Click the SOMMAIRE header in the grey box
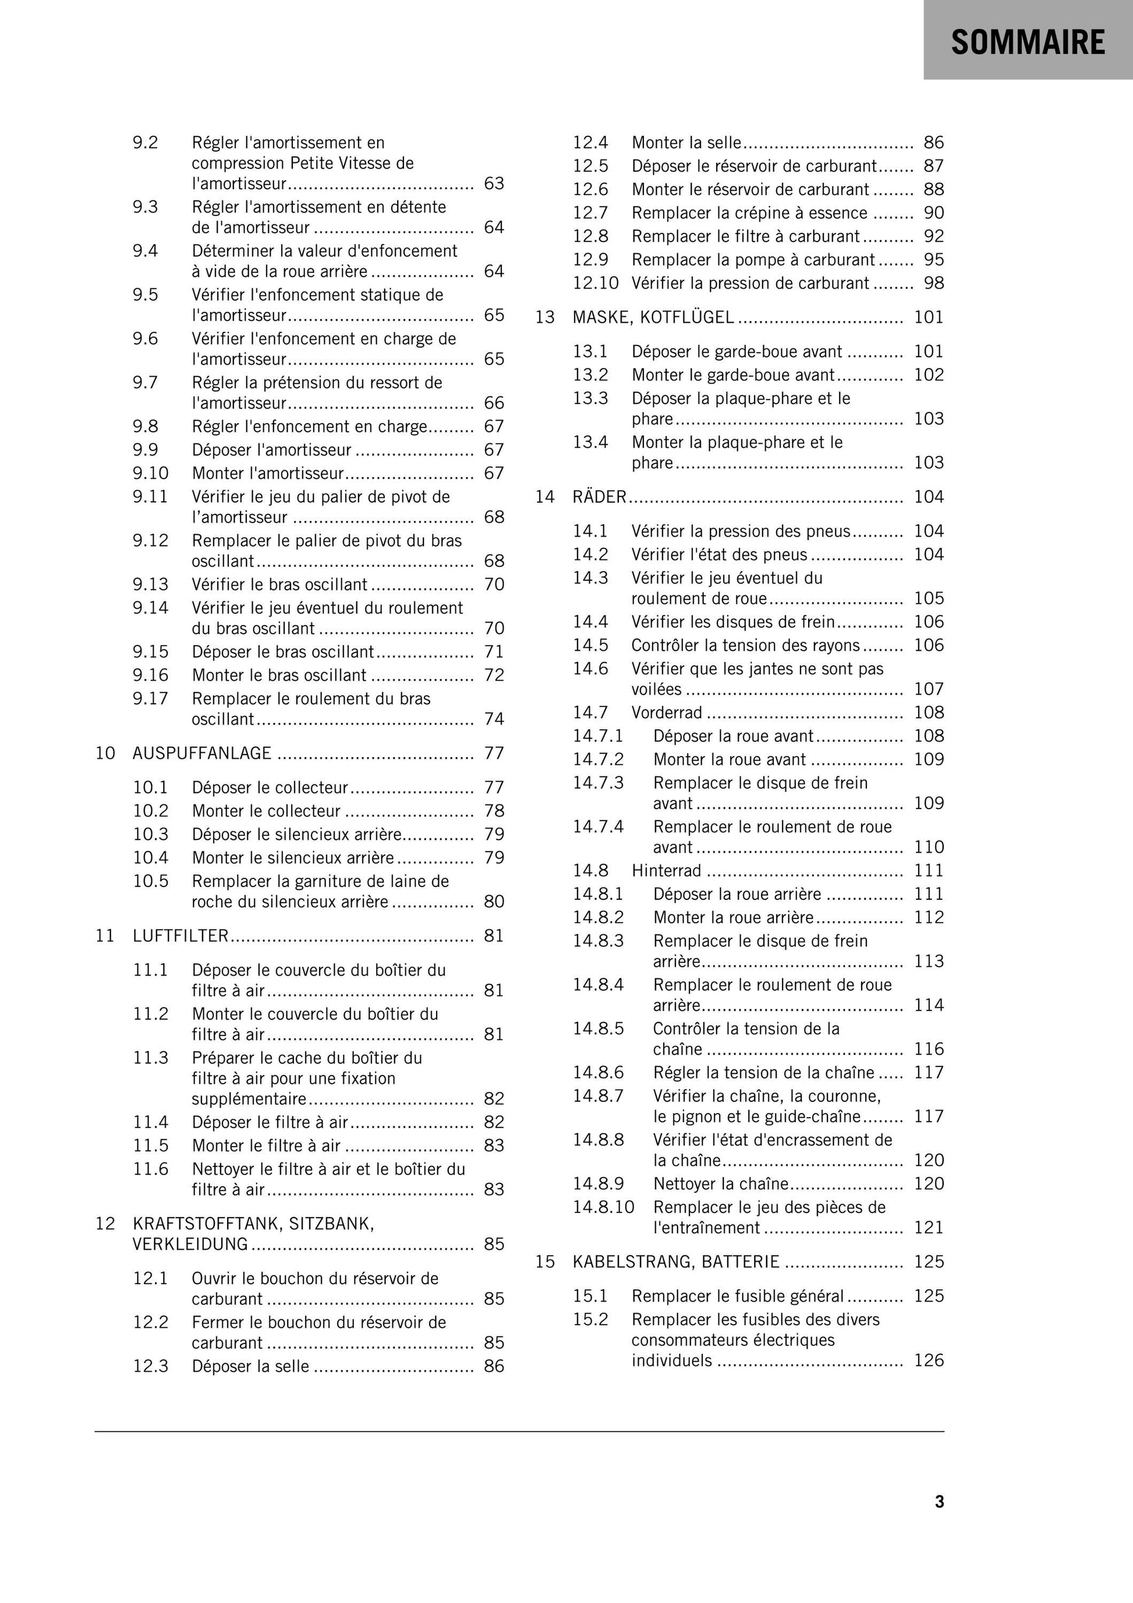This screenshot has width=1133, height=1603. [1028, 42]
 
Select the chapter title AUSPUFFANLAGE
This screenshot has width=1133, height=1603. [202, 753]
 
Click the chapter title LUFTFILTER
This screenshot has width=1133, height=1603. [181, 936]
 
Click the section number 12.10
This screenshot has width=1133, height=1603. [596, 283]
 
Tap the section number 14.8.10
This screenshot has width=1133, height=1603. [604, 1208]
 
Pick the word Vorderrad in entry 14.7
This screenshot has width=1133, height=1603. [667, 713]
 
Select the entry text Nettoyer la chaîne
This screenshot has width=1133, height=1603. [720, 1184]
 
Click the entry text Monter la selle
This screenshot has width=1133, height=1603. [686, 143]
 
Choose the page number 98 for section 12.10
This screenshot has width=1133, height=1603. [934, 283]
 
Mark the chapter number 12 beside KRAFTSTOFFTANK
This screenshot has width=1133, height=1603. [105, 1224]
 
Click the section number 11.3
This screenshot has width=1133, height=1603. [151, 1058]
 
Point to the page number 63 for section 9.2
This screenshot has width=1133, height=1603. [494, 183]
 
